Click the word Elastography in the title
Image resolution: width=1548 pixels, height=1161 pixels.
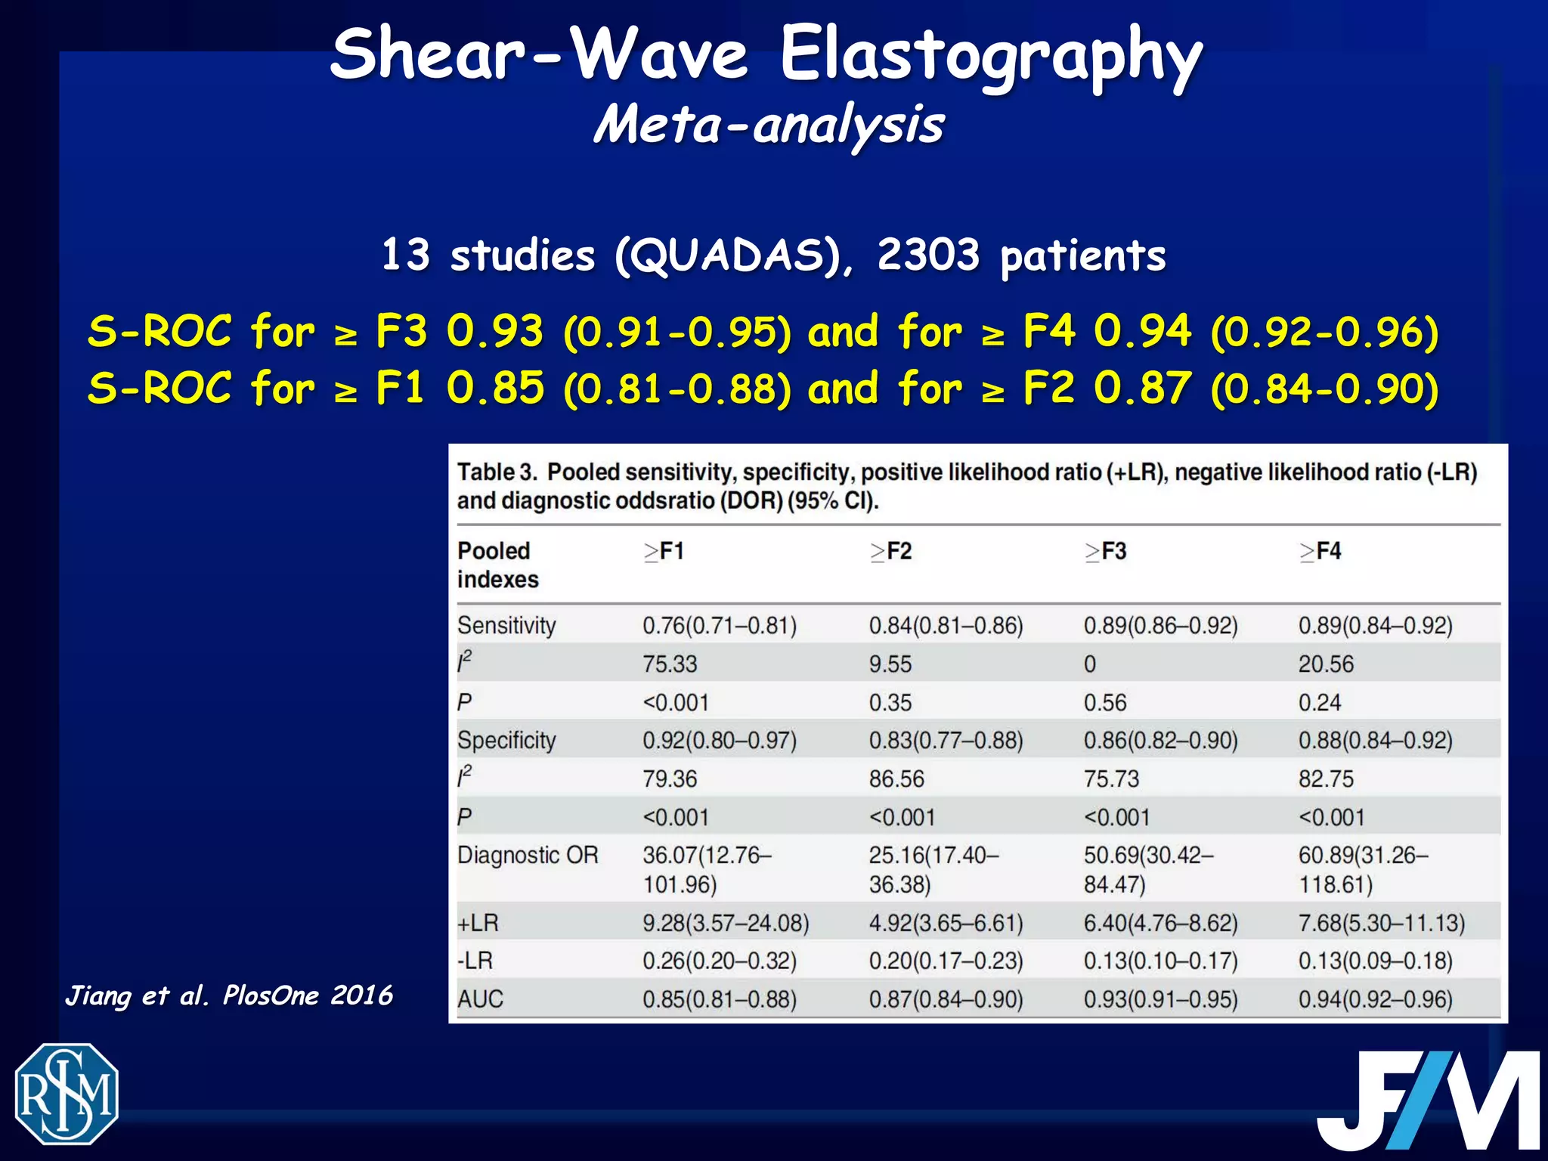click(x=990, y=54)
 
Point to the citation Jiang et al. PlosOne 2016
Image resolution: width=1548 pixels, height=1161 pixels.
click(x=229, y=995)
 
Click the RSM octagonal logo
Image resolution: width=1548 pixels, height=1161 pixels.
click(x=67, y=1094)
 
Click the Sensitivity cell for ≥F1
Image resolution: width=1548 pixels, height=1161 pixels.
click(x=720, y=626)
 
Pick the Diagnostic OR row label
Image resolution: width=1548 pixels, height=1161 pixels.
click(x=528, y=855)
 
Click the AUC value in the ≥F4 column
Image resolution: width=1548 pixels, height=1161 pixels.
click(x=1375, y=999)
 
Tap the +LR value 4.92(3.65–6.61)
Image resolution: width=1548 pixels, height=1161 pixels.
click(x=946, y=923)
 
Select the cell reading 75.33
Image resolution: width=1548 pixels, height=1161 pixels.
click(x=670, y=664)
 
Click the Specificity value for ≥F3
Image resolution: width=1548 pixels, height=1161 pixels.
click(x=1160, y=740)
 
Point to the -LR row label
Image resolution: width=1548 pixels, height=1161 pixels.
click(x=475, y=961)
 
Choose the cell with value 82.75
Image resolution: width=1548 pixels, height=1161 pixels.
click(x=1326, y=779)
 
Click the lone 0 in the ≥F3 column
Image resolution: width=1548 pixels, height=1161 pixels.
click(x=1089, y=664)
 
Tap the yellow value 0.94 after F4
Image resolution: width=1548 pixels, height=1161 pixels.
click(x=1142, y=331)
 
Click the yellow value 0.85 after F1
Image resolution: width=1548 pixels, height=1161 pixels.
click(x=495, y=388)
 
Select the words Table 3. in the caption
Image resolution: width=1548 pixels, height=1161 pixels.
click(x=497, y=472)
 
